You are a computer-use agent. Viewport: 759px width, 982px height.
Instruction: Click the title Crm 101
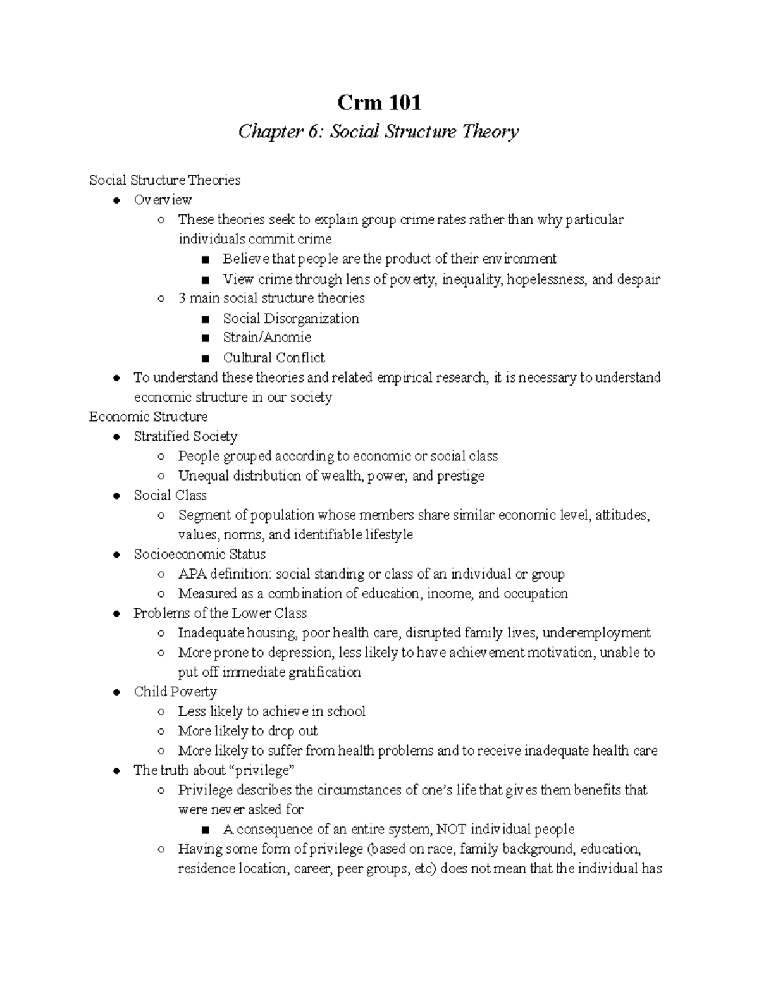coord(379,102)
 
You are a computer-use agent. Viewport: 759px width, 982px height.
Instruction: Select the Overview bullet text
coord(163,200)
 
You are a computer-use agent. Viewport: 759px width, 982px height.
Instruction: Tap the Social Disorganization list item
coord(290,319)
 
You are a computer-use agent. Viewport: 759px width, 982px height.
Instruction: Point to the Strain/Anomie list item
coord(266,338)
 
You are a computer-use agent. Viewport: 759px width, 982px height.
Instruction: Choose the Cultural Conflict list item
coord(273,358)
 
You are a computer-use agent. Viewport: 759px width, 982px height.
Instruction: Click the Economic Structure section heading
coord(148,417)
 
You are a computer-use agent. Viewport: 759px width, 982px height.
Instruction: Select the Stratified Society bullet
coord(185,436)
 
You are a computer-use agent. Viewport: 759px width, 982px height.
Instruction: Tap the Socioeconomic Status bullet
coord(199,555)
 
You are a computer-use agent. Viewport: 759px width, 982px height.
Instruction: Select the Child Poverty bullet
coord(175,692)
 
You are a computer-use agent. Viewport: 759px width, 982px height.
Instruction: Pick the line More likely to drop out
coord(247,731)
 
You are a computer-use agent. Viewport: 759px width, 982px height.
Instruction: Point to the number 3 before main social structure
coord(182,298)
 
